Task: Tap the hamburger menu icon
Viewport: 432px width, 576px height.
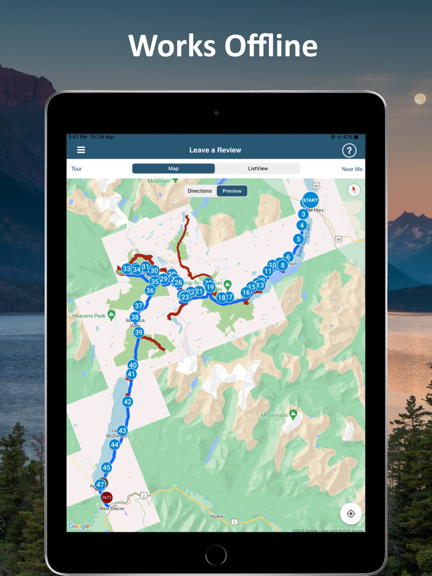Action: click(x=81, y=150)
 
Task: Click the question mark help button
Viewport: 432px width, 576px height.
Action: click(x=349, y=150)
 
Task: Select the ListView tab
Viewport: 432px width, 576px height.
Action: click(x=257, y=168)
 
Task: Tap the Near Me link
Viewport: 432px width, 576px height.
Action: click(x=352, y=169)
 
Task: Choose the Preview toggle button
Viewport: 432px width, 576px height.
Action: click(x=232, y=191)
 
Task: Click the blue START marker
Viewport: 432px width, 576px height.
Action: click(x=310, y=200)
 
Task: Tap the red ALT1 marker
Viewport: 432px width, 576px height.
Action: click(x=106, y=497)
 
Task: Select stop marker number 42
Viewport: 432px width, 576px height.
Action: click(x=127, y=401)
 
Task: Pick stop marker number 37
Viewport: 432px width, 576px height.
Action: click(x=138, y=306)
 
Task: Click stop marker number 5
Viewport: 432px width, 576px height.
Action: click(x=299, y=239)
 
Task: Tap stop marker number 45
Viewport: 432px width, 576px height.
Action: click(x=107, y=468)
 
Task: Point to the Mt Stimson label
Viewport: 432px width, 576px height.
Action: click(x=274, y=416)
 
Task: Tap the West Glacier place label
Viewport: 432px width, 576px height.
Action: click(x=112, y=509)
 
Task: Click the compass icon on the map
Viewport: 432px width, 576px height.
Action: click(x=353, y=190)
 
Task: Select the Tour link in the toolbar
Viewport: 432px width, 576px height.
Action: click(x=77, y=169)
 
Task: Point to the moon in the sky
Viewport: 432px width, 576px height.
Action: click(x=420, y=99)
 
